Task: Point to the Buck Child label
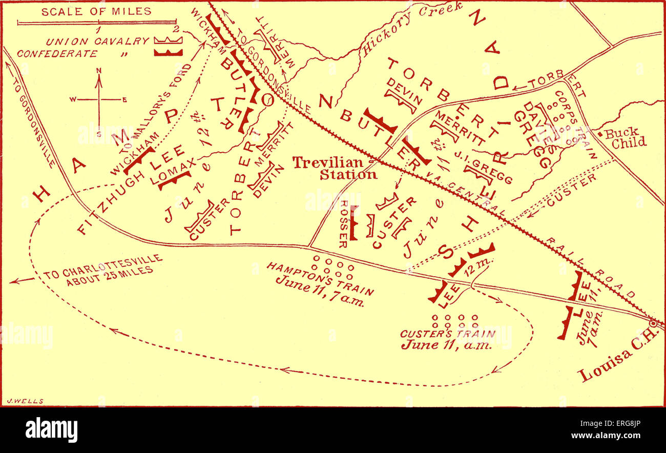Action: pos(625,137)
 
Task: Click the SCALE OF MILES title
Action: pos(96,11)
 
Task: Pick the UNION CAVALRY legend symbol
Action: pos(168,40)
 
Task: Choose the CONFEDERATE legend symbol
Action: pos(168,52)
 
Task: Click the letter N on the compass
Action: pos(99,71)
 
